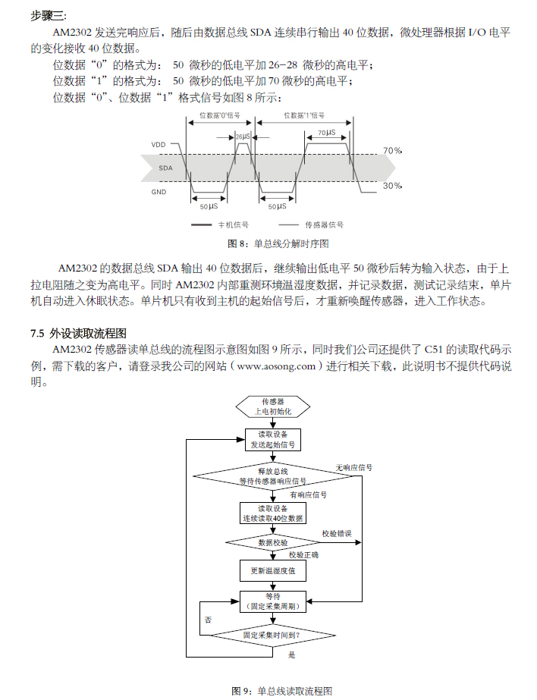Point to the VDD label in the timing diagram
[158, 144]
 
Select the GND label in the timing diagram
[159, 192]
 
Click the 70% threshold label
[392, 151]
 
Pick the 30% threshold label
[392, 186]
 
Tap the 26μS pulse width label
[243, 137]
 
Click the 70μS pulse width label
[327, 133]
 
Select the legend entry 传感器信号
[324, 225]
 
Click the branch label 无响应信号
[353, 468]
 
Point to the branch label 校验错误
[337, 534]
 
